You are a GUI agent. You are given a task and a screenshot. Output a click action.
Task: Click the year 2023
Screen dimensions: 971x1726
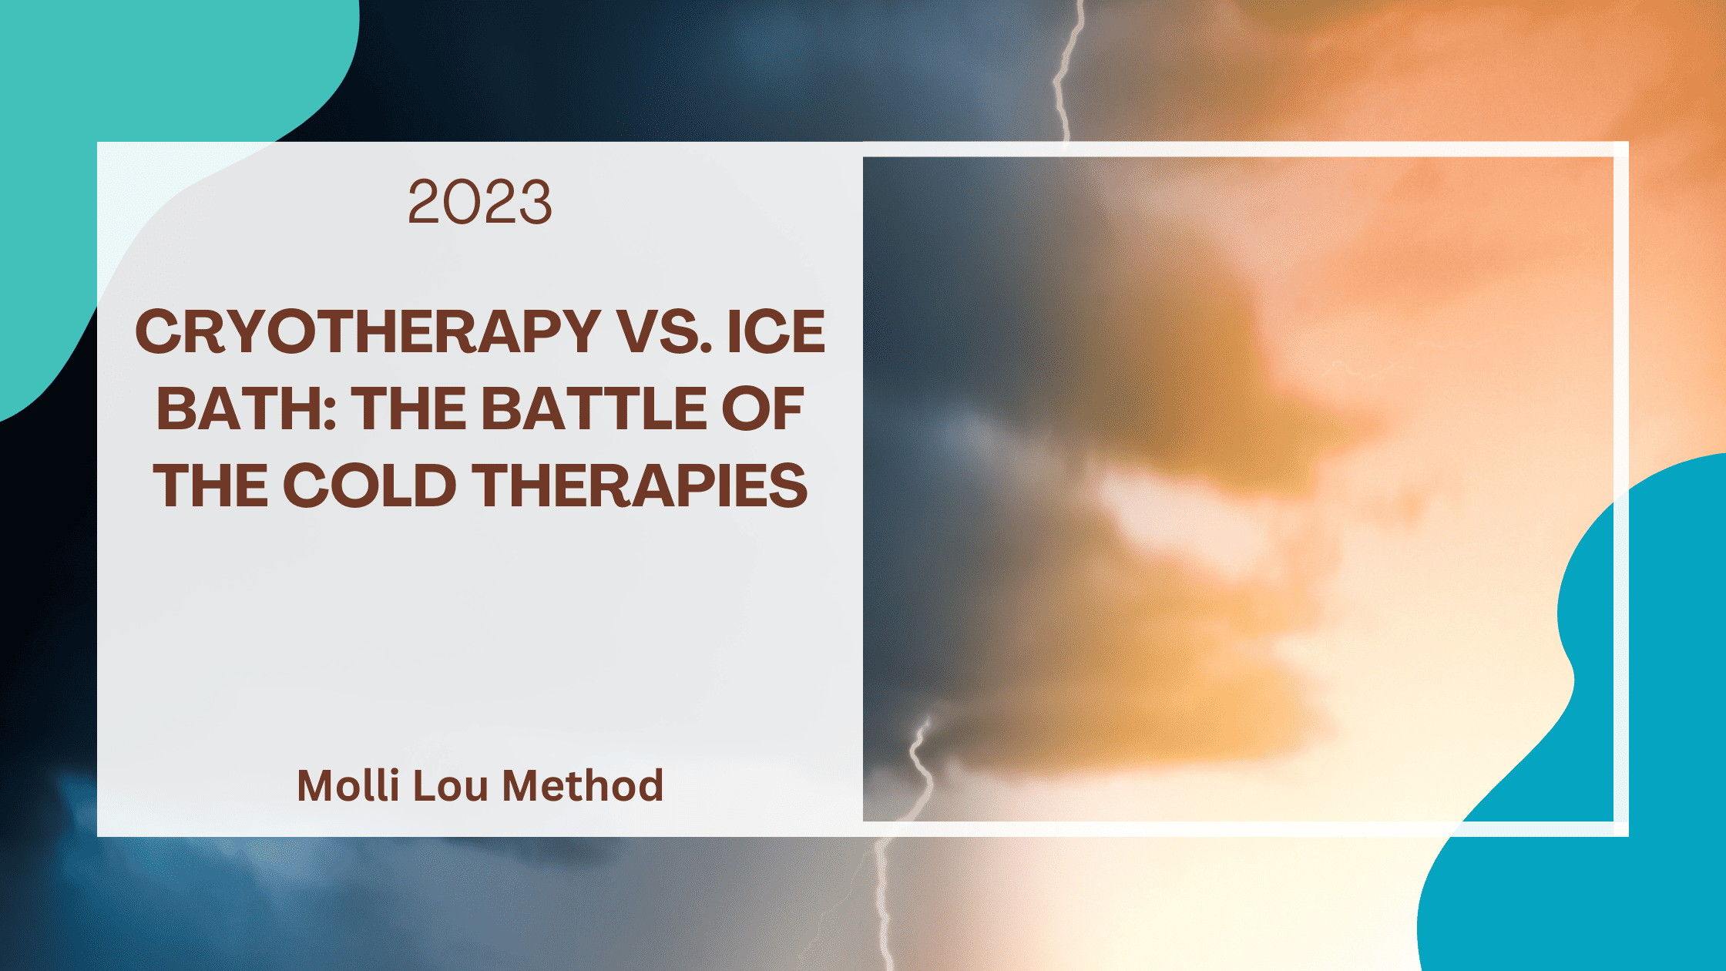point(479,202)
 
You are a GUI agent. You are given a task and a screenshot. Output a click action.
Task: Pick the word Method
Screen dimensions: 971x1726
point(583,785)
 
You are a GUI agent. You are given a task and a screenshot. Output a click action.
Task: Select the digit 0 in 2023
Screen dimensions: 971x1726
point(461,202)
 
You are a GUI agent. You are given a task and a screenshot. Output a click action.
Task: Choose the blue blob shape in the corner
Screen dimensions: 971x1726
point(1634,771)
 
